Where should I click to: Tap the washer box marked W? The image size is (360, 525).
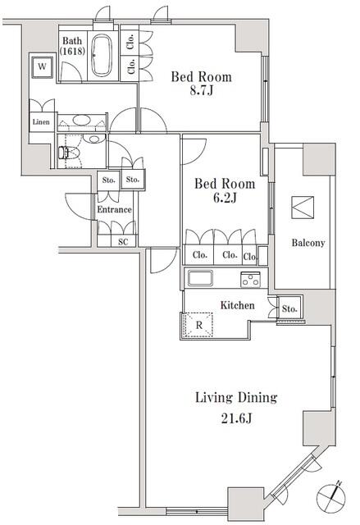39,66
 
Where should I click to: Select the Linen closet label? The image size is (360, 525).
40,122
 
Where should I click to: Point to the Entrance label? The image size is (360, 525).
114,210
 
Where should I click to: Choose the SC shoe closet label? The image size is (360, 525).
123,242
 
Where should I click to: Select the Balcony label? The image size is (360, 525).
308,243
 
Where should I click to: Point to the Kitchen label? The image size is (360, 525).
237,305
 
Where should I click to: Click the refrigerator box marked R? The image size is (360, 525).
198,325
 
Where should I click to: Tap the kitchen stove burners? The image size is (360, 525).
250,280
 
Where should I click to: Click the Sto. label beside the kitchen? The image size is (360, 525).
289,308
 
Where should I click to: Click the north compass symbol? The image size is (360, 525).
331,495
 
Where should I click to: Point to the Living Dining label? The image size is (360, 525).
235,398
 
